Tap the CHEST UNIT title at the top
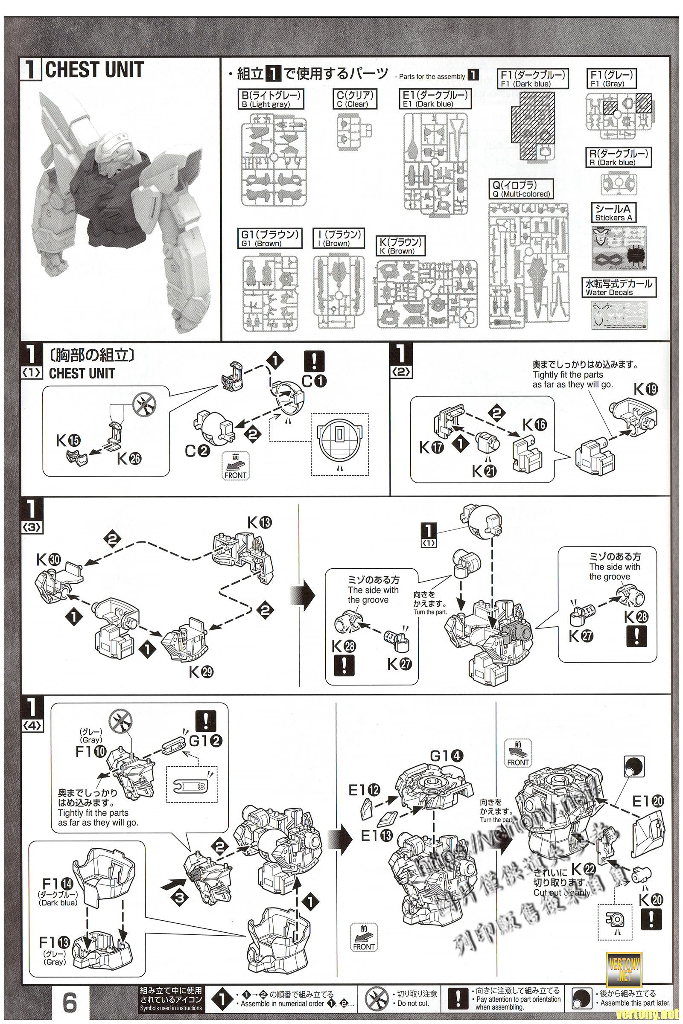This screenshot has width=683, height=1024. click(x=93, y=70)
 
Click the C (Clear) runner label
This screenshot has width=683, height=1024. click(x=355, y=99)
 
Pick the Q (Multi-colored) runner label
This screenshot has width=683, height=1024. click(x=521, y=189)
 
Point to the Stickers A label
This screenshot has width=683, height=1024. click(x=613, y=213)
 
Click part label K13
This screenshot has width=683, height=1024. click(x=259, y=522)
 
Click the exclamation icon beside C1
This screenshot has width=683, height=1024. click(x=313, y=360)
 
